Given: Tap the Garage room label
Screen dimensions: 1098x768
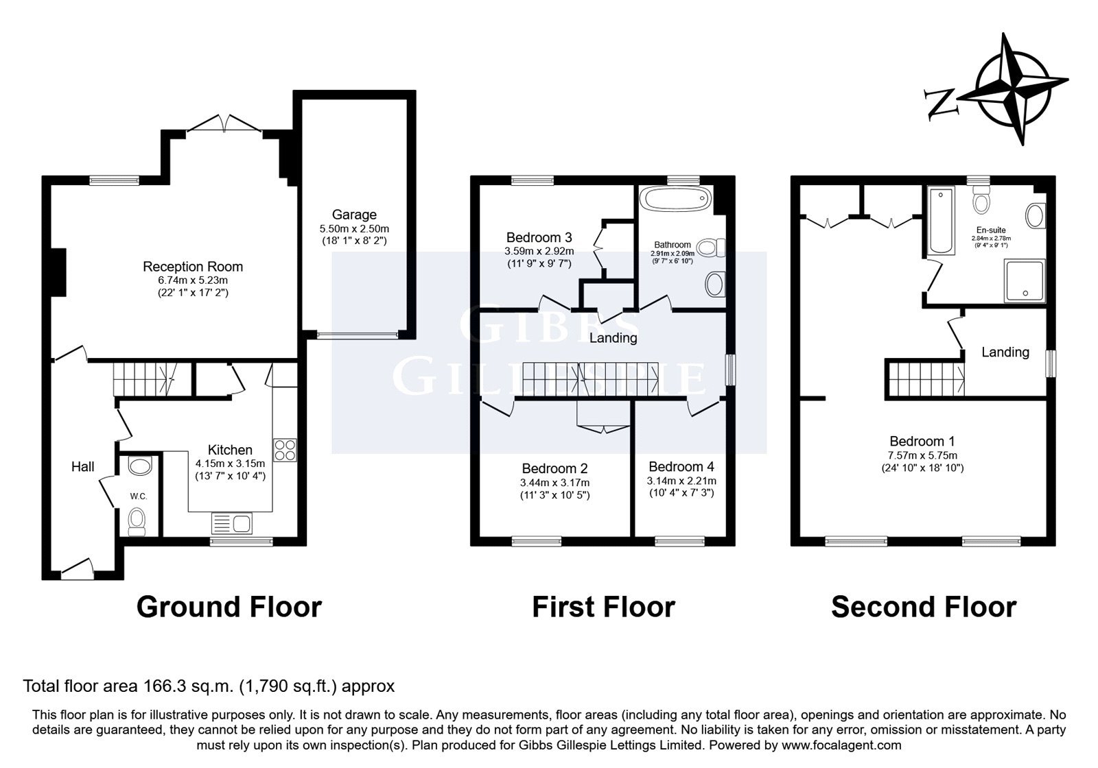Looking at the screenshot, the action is pyautogui.click(x=354, y=215).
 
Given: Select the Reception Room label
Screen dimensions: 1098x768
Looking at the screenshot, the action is pyautogui.click(x=193, y=267).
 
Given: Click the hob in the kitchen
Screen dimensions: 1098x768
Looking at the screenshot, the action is pyautogui.click(x=285, y=450).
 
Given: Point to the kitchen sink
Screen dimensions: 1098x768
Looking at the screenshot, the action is pyautogui.click(x=232, y=523).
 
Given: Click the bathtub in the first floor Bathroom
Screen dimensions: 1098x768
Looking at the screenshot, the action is pyautogui.click(x=676, y=199).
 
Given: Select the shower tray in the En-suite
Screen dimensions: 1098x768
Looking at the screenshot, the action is pyautogui.click(x=1025, y=280).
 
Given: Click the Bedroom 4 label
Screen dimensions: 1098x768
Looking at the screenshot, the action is pyautogui.click(x=681, y=466).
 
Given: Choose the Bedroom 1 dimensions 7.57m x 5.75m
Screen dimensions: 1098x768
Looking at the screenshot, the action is pyautogui.click(x=922, y=455).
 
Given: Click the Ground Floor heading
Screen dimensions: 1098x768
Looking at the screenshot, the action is pyautogui.click(x=229, y=607).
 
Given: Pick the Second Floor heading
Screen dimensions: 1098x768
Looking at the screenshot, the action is pyautogui.click(x=924, y=607).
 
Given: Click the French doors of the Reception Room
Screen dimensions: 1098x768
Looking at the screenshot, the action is pyautogui.click(x=224, y=123).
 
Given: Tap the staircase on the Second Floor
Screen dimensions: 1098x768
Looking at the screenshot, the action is pyautogui.click(x=925, y=378).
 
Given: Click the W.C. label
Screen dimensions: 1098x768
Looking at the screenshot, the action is pyautogui.click(x=139, y=496).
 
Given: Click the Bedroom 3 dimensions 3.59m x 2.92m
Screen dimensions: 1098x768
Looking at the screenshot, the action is pyautogui.click(x=539, y=251).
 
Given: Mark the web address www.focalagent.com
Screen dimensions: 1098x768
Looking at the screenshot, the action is pyautogui.click(x=841, y=745).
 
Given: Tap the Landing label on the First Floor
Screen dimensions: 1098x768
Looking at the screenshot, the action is pyautogui.click(x=614, y=338).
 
